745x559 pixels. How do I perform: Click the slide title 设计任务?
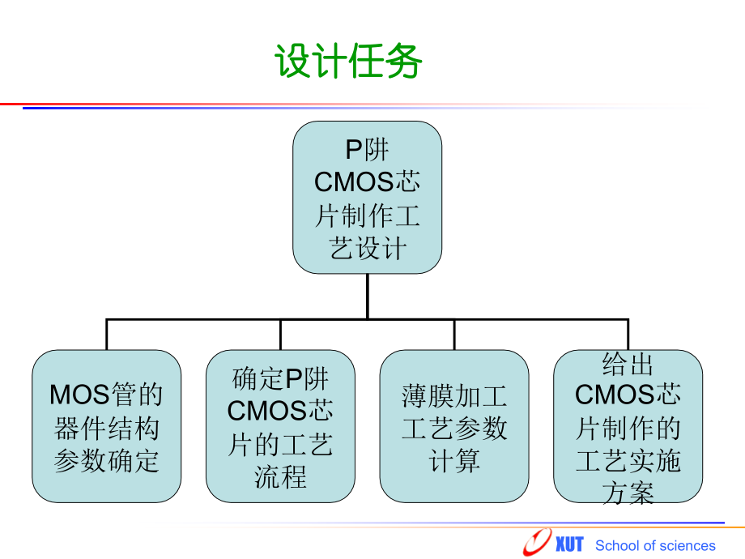(348, 62)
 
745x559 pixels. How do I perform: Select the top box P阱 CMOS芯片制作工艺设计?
(367, 198)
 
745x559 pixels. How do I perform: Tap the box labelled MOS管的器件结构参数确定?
(106, 426)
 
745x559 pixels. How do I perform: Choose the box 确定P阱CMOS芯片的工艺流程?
(280, 426)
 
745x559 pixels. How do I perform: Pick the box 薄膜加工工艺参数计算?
(453, 426)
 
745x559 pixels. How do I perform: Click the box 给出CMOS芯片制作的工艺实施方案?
(628, 426)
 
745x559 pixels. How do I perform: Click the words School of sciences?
(655, 545)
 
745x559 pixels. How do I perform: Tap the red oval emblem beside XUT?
(537, 541)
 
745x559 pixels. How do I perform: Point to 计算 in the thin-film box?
(453, 461)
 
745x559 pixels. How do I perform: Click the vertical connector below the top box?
(367, 296)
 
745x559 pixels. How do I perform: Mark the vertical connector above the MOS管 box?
(106, 335)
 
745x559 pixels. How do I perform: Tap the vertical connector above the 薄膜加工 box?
(453, 335)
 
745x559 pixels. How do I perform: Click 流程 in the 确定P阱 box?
(280, 477)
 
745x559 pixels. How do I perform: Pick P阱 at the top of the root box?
(367, 150)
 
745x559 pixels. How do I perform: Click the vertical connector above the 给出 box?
(628, 335)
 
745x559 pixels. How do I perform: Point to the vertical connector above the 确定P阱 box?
(280, 335)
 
